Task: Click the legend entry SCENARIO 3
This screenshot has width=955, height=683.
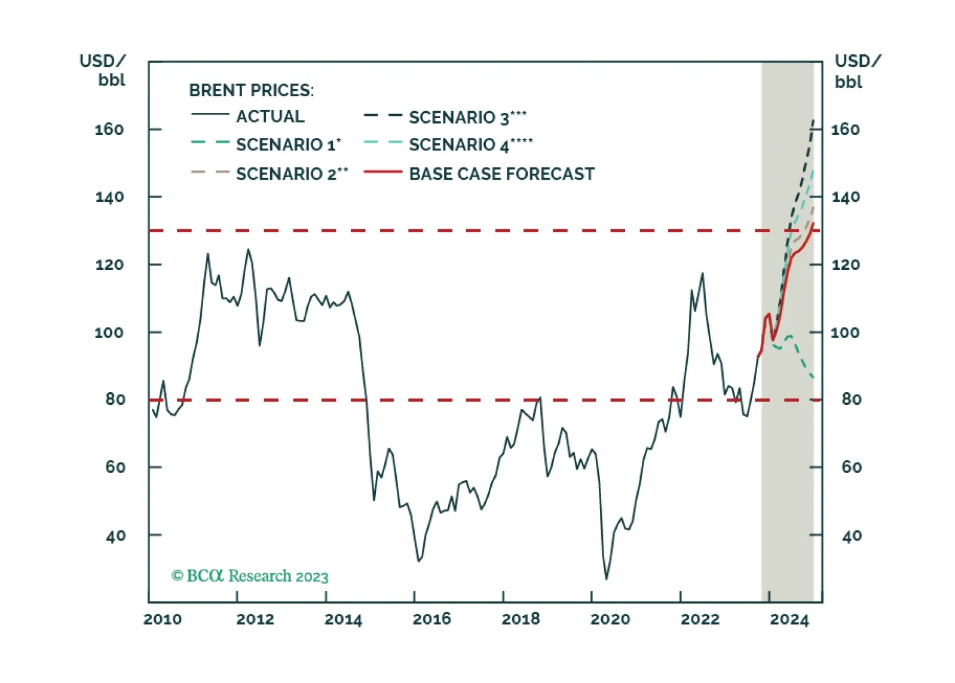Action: coord(468,117)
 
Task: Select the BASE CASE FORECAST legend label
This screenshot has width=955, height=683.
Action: coord(501,174)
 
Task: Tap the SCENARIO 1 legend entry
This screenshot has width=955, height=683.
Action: coord(289,144)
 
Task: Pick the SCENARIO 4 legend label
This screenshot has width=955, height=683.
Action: coord(471,144)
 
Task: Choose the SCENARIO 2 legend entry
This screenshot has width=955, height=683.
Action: coord(292,174)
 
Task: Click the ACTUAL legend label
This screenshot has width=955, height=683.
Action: coord(270,116)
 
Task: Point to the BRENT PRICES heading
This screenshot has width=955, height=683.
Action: coord(251,90)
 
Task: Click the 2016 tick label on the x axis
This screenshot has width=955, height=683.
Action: coord(431,619)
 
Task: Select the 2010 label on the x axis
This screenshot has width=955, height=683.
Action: coord(163,619)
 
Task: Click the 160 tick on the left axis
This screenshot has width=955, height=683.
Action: coord(109,130)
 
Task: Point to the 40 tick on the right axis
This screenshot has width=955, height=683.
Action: coord(852,536)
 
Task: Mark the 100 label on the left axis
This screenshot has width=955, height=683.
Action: coord(109,332)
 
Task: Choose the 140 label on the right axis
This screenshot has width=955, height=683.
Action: coord(846,197)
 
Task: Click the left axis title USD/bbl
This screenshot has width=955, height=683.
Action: coord(103,70)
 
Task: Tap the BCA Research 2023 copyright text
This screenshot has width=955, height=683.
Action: coord(250,576)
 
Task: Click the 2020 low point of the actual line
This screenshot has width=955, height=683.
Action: coord(607,579)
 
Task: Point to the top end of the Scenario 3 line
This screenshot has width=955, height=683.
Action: coord(813,121)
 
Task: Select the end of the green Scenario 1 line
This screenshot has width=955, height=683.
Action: coord(813,377)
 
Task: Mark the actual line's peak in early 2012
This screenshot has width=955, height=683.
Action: coord(248,250)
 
